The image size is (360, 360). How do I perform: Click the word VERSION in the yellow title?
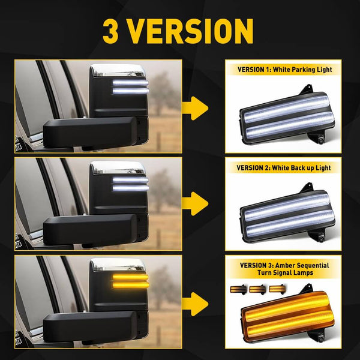(190, 31)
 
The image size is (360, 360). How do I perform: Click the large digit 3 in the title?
(110, 31)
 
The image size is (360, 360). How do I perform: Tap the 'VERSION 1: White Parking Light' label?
(284, 70)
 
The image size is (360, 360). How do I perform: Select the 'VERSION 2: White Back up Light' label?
(284, 168)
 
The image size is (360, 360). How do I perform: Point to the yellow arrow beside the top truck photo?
(195, 108)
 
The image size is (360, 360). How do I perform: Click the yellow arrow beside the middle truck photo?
(195, 203)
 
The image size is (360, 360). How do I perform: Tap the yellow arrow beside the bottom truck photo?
(195, 304)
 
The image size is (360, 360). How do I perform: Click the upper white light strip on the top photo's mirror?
(130, 83)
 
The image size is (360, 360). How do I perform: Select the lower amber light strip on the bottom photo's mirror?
(130, 286)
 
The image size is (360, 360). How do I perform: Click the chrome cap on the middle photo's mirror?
(118, 167)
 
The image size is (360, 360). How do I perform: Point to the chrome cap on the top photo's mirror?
(118, 70)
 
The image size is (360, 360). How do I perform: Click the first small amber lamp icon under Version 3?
(238, 289)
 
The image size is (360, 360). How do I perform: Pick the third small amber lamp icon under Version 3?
(277, 289)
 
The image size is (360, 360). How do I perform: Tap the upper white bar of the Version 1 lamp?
(286, 109)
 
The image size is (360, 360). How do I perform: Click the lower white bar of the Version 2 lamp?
(290, 223)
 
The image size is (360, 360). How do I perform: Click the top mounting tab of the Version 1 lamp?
(307, 90)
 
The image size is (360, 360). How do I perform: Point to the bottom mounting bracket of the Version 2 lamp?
(317, 236)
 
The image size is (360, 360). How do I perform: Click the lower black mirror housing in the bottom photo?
(89, 327)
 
